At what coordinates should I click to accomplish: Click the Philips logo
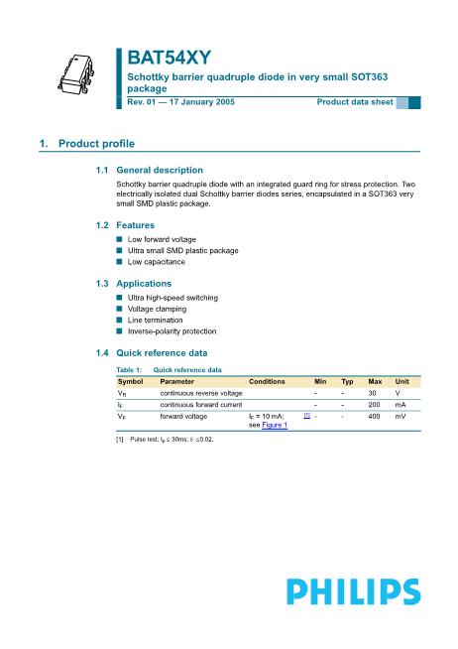(x=352, y=592)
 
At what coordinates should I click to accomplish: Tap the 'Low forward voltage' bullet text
(x=162, y=240)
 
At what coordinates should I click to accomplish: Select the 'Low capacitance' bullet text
(x=157, y=262)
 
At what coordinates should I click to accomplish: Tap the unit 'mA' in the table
(x=401, y=405)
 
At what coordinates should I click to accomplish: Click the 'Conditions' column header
(x=267, y=381)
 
